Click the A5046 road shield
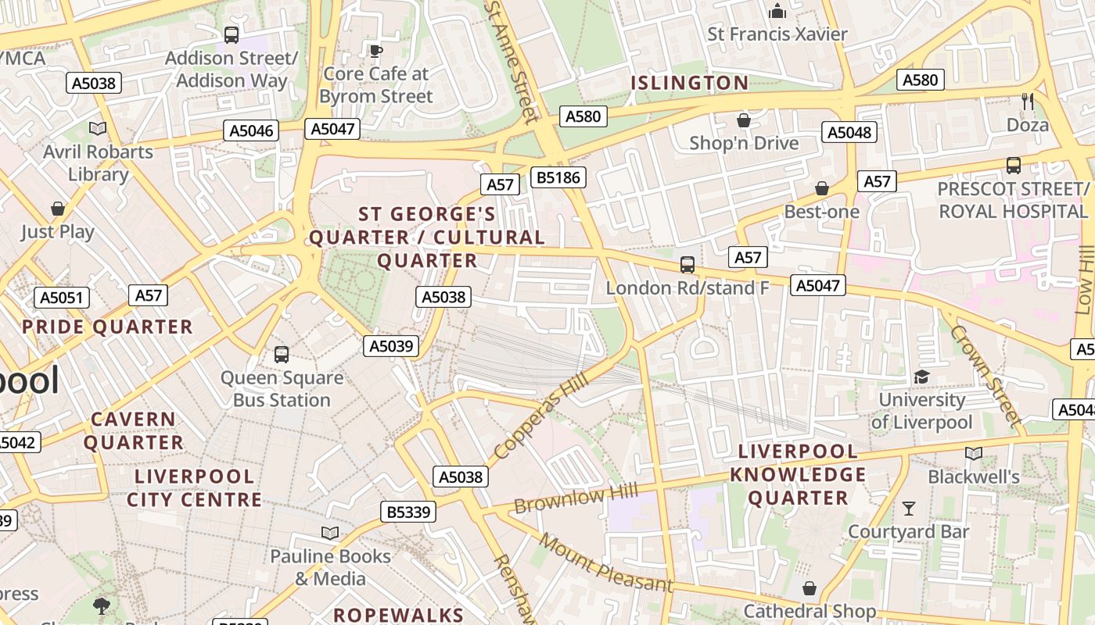pos(252,130)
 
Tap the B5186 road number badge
pos(558,177)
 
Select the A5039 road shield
pos(391,346)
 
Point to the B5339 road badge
pos(407,512)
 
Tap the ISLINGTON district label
pos(690,83)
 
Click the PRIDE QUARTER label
pos(107,327)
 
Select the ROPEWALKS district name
pos(399,615)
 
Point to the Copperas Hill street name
pos(540,421)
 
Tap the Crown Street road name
pos(985,376)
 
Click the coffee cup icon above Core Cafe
pos(376,52)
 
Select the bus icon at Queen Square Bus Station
pos(282,355)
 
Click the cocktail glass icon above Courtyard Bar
pos(908,509)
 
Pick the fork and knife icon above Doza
pos(1028,102)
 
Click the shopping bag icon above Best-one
pos(821,188)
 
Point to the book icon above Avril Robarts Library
pos(98,129)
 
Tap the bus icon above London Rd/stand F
pos(688,265)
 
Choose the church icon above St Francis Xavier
pos(777,11)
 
